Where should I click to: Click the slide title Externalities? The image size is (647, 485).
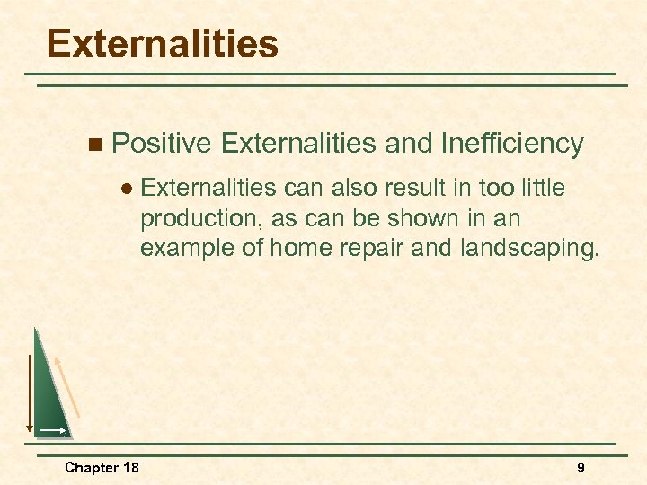163,43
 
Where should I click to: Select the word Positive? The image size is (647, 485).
162,143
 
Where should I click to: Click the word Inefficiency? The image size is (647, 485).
512,143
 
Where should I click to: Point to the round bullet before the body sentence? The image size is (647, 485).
127,188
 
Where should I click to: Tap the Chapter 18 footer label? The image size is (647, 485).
102,467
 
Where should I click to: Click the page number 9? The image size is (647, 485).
581,467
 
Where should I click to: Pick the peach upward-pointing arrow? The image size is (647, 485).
68,386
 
